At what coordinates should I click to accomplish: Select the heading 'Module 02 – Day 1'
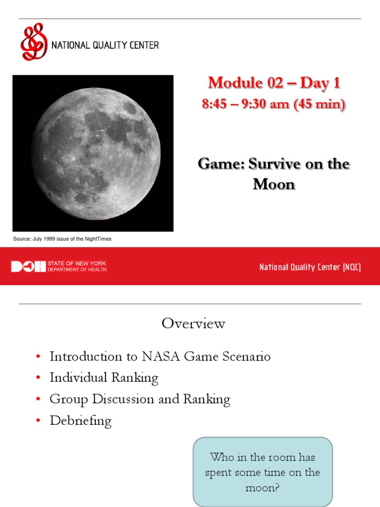(274, 83)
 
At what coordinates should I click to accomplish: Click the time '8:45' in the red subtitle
(213, 104)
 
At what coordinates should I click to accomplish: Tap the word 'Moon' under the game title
(274, 184)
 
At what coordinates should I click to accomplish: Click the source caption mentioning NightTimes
(62, 239)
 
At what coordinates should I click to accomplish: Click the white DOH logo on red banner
(28, 267)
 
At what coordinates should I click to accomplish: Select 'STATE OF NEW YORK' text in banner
(77, 264)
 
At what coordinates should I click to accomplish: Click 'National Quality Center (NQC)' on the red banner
(310, 267)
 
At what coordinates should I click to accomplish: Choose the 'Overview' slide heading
(193, 324)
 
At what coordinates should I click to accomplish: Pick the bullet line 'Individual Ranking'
(104, 378)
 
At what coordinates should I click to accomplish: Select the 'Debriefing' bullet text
(81, 421)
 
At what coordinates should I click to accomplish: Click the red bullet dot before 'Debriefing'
(38, 421)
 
